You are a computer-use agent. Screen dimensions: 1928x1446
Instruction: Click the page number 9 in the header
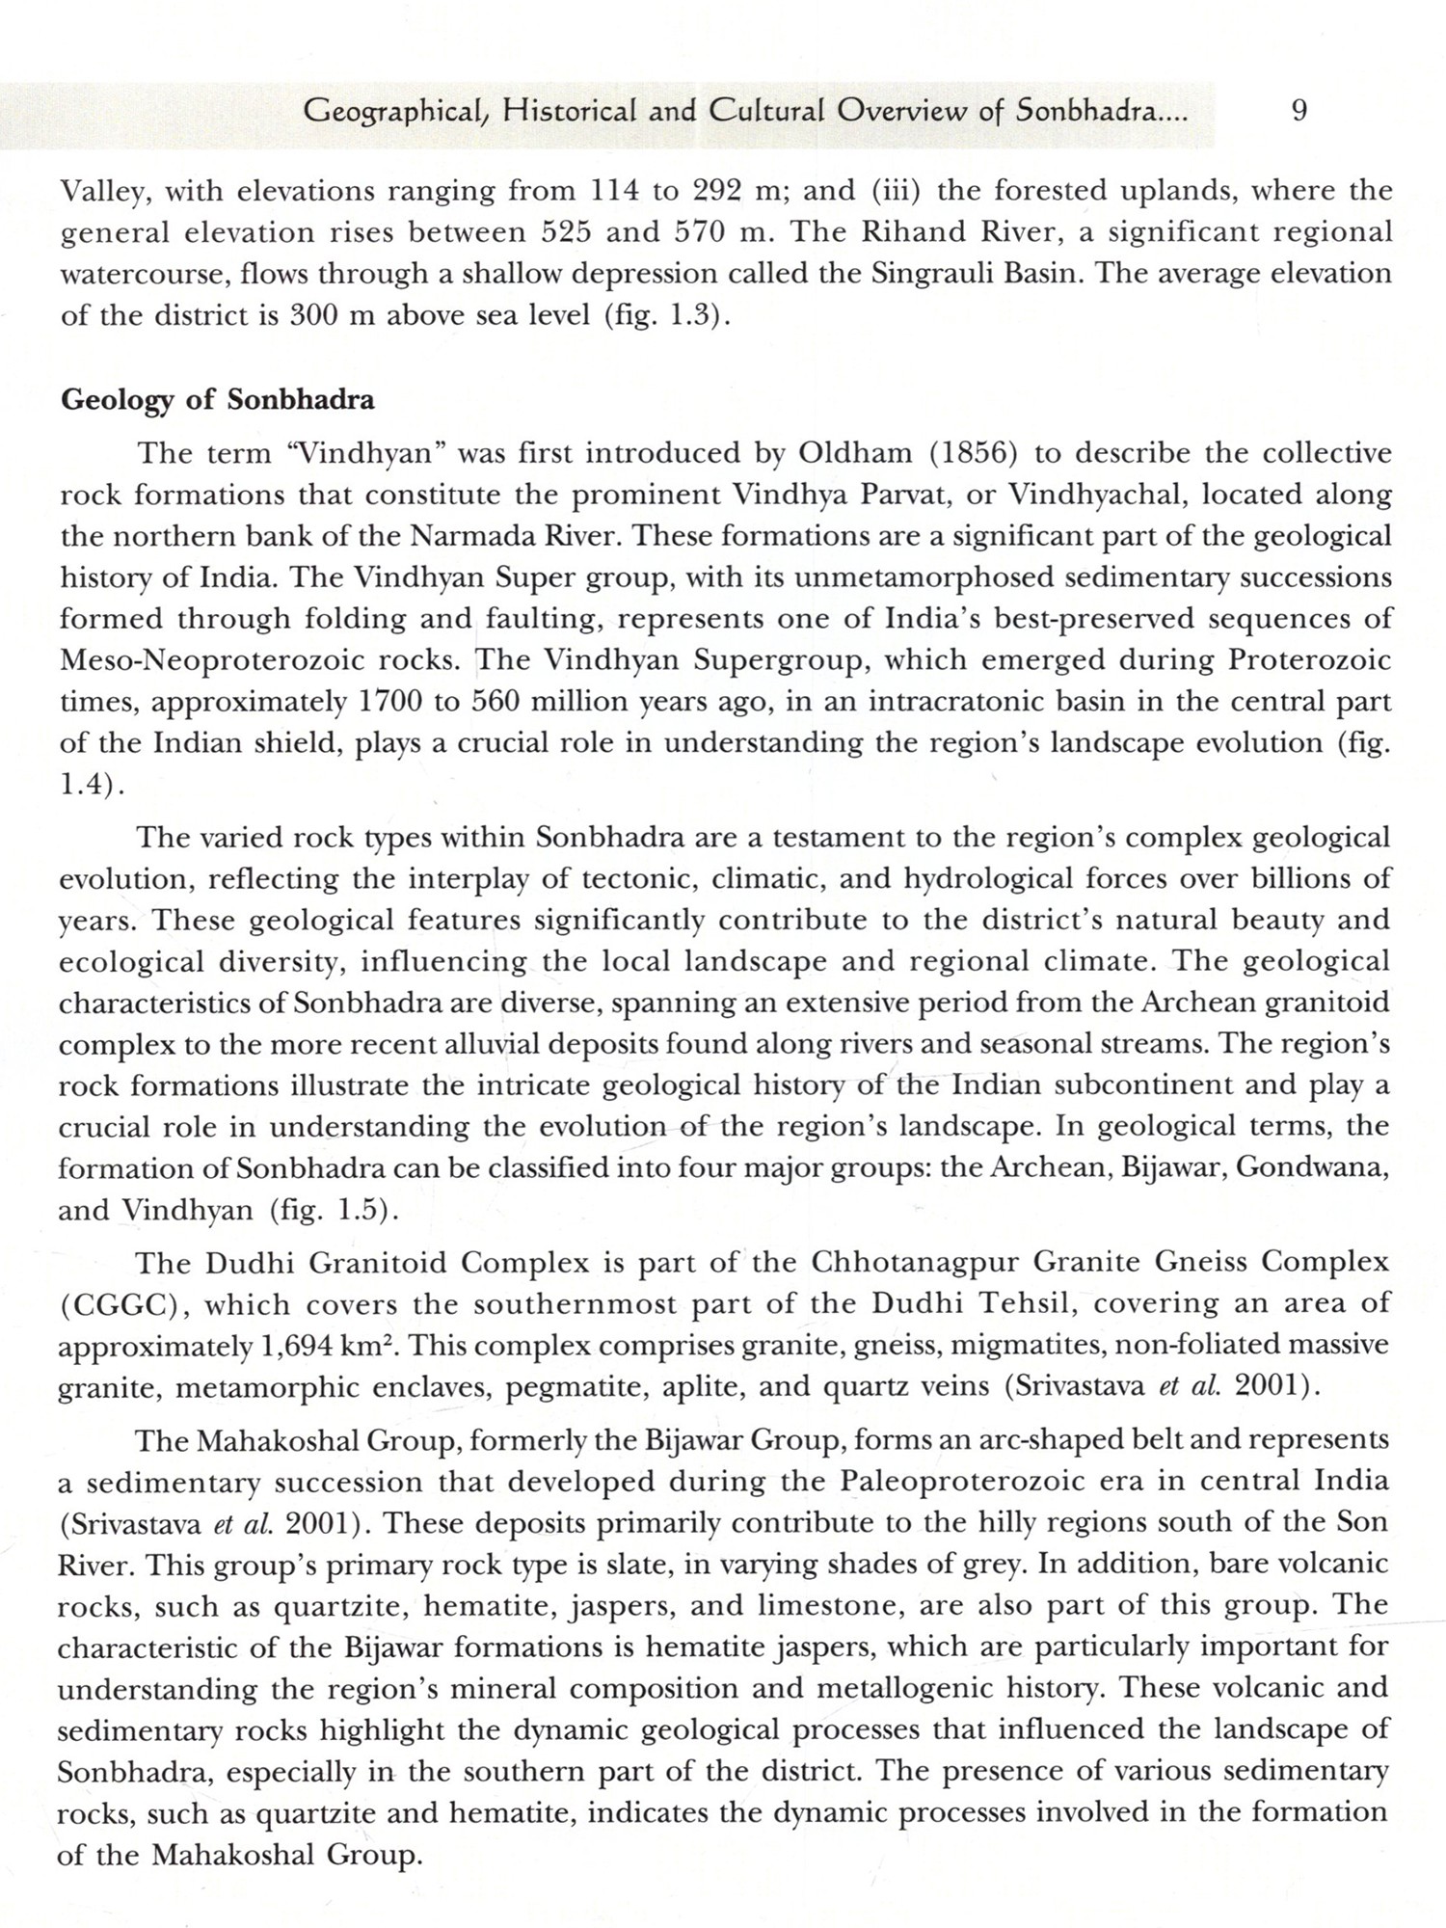(1299, 112)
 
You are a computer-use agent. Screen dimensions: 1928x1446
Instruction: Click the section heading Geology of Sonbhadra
(217, 400)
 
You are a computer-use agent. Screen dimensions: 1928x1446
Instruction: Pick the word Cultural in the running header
(767, 112)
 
